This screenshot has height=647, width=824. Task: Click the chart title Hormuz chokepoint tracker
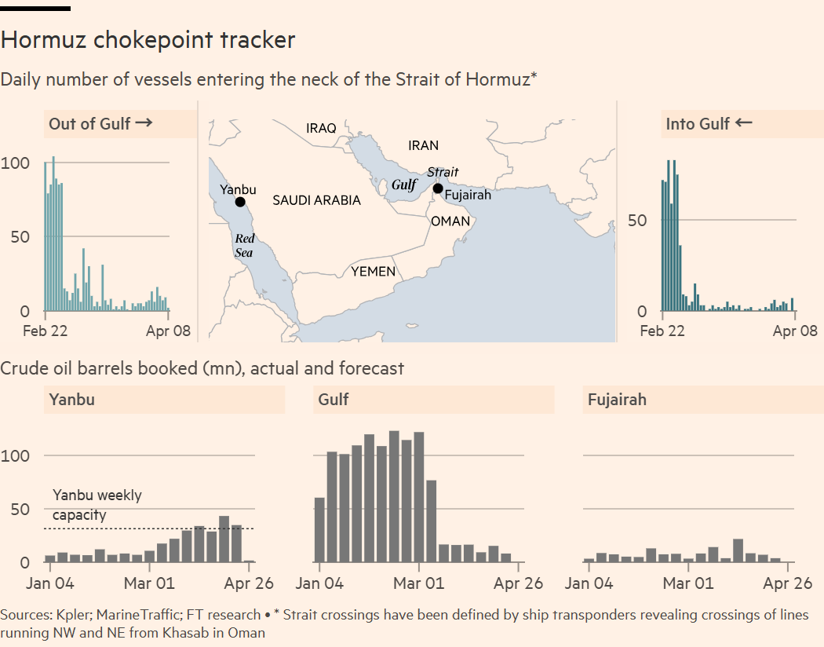[x=148, y=40]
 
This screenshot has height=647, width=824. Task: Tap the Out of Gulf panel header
[x=100, y=123]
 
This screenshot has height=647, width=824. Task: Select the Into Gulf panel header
[x=709, y=123]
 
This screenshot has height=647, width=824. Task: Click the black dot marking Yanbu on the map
[x=240, y=202]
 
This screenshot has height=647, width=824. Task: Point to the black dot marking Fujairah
[x=438, y=188]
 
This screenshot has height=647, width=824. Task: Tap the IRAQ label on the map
[x=321, y=128]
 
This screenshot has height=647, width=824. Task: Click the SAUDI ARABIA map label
[x=316, y=200]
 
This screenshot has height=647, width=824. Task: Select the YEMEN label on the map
[x=373, y=272]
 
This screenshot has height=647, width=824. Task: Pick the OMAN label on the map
[x=450, y=221]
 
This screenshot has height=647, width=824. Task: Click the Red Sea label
[x=245, y=245]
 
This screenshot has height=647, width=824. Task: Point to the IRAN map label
[x=424, y=145]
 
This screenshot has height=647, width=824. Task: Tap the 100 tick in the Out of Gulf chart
[x=16, y=163]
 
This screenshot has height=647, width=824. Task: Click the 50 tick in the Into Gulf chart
[x=637, y=220]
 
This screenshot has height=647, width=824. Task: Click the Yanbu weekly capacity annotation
[x=97, y=505]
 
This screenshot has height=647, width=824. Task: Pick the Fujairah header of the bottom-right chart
[x=617, y=400]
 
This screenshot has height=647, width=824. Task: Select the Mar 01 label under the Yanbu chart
[x=149, y=583]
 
